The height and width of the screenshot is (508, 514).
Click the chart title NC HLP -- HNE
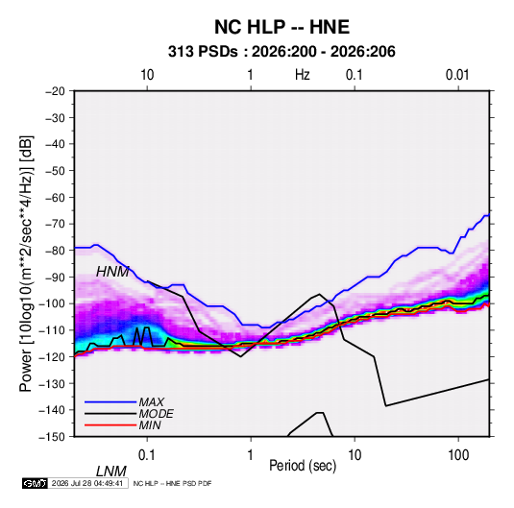point(281,27)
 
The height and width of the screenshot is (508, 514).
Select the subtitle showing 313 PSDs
point(281,52)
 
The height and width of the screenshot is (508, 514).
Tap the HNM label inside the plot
point(112,272)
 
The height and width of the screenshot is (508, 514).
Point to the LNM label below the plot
point(111,472)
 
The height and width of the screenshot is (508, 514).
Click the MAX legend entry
point(151,401)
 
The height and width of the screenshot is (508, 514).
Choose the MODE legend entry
point(156,414)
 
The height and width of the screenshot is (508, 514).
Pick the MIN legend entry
point(150,425)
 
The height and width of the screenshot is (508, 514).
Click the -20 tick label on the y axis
point(55,91)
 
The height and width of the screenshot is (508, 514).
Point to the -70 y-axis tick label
point(55,224)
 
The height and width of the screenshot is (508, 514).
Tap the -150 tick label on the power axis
point(52,437)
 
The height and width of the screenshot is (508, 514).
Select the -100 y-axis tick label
point(52,303)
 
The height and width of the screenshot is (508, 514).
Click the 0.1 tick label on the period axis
point(147,455)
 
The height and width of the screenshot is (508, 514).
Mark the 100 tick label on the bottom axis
point(458,455)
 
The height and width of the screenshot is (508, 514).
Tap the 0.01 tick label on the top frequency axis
point(457,75)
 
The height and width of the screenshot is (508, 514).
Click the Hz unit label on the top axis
point(303,75)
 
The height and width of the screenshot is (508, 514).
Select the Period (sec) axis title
point(303,466)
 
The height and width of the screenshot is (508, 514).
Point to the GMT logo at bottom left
point(36,483)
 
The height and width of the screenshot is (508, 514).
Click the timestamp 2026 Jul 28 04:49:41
point(87,483)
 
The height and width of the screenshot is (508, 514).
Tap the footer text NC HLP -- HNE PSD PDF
point(172,483)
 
